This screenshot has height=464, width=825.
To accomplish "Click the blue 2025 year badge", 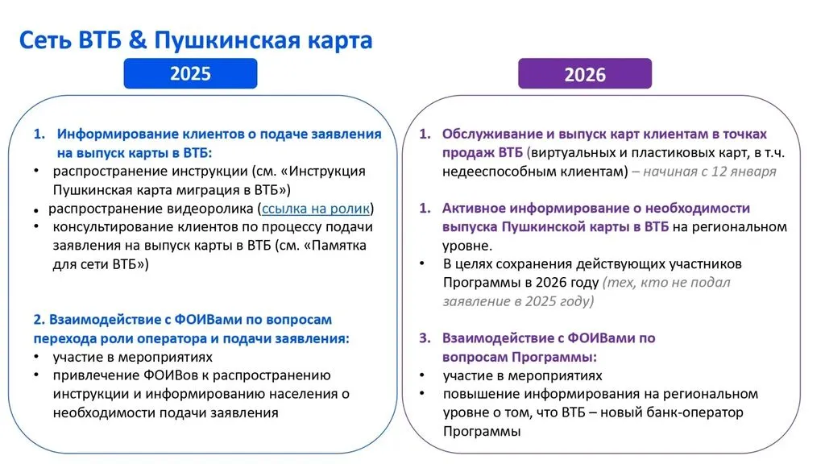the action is (x=190, y=73).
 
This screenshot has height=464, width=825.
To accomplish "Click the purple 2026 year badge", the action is (x=585, y=73).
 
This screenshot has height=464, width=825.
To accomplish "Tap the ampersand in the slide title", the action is (x=137, y=40).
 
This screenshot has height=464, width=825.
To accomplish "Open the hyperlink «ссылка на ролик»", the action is (x=316, y=209).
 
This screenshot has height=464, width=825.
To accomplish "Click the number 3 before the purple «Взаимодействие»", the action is (x=424, y=338).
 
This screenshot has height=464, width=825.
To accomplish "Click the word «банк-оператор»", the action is (x=698, y=412).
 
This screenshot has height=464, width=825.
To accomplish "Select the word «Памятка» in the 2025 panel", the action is (x=339, y=246).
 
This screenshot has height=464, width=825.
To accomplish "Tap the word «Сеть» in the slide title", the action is (x=45, y=40).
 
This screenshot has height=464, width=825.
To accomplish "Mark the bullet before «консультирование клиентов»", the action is (x=36, y=226).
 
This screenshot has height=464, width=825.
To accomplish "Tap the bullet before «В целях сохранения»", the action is (x=422, y=263).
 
